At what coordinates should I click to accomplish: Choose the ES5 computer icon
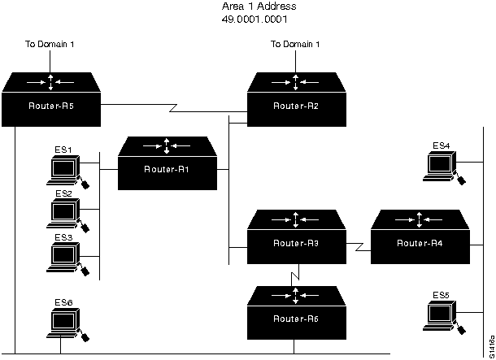pyautogui.click(x=443, y=314)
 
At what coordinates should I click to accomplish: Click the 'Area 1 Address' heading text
pyautogui.click(x=255, y=7)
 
